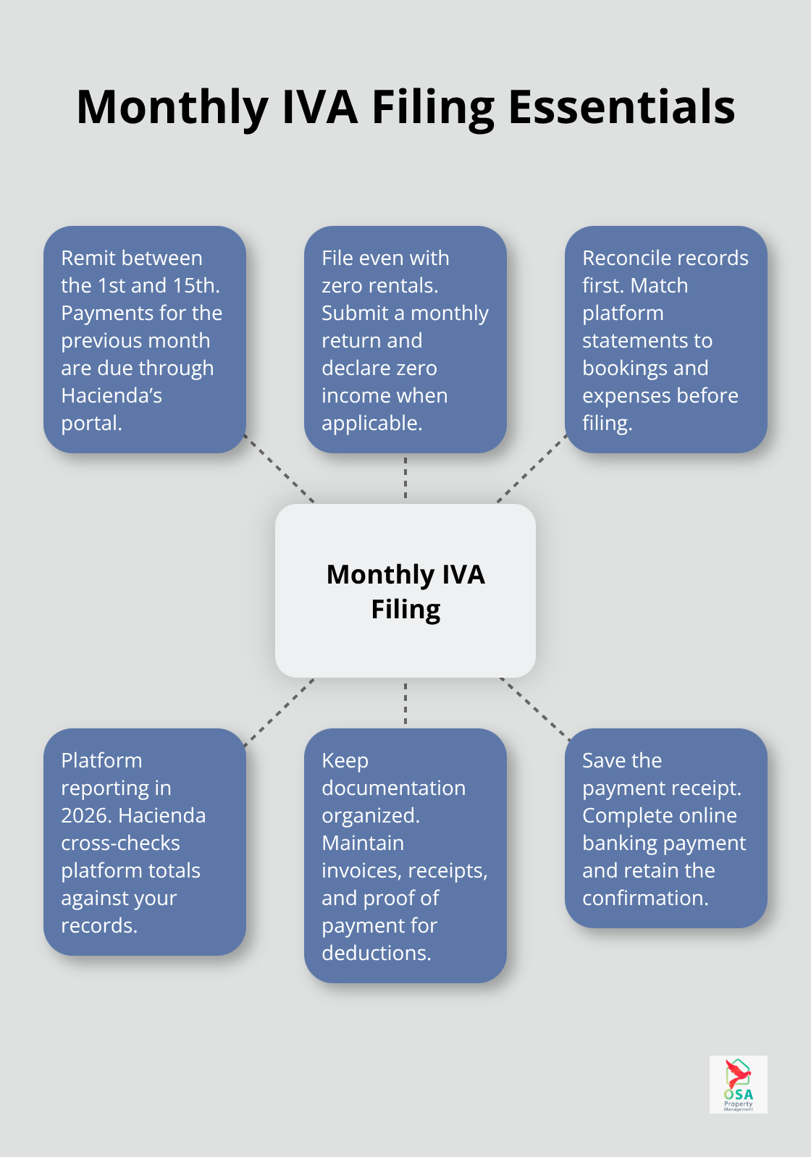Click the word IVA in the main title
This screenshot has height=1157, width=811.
coord(319,107)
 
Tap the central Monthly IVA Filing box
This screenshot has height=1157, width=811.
coord(405,591)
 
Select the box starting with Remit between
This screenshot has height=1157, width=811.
coord(145,340)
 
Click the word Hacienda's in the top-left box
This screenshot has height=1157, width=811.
coord(112,395)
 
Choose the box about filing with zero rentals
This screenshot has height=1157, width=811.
coord(405,340)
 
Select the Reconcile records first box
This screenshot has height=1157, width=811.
coord(665,340)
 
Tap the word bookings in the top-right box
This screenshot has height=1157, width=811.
coord(624,368)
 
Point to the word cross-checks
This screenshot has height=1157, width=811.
coord(120,843)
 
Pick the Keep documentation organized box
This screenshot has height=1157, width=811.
coord(405,856)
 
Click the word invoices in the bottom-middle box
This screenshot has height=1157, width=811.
coord(358,870)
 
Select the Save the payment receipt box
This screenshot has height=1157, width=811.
coord(665,828)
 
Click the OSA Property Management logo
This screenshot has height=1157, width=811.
coord(738,1084)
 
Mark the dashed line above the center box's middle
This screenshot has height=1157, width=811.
coord(405,478)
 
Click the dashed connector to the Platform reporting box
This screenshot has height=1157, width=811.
coord(280,711)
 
